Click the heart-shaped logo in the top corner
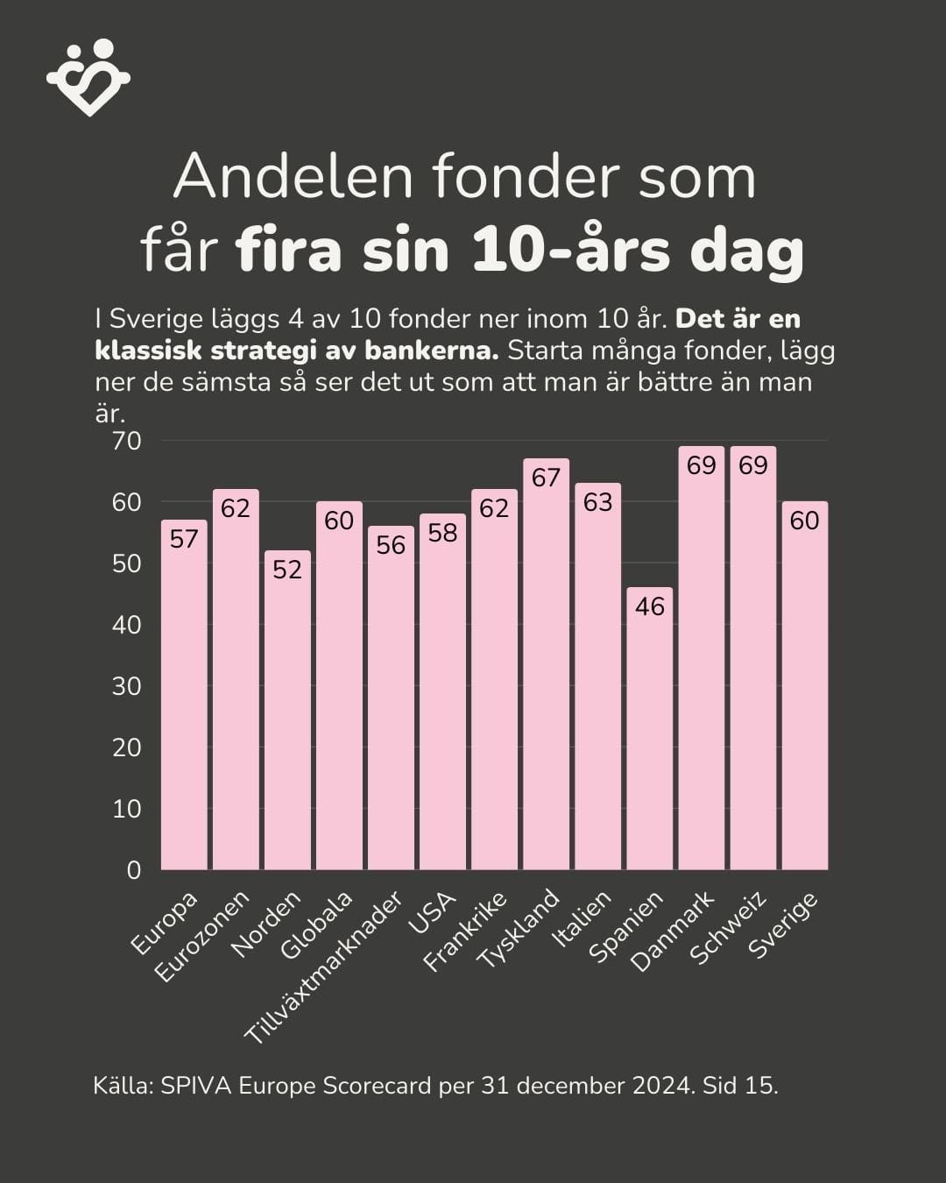coord(88,77)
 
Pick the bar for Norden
coord(287,710)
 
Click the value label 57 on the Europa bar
coord(184,539)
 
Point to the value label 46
coord(650,606)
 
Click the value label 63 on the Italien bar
coord(598,502)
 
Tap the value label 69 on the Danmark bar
coord(702,465)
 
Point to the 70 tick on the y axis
coord(127,441)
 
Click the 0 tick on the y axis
coord(134,870)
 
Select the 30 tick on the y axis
coord(127,686)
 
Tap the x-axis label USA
coord(433,915)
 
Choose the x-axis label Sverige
coord(783,924)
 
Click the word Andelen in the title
coord(293,177)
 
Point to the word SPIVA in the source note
coord(197,1086)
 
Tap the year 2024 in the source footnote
coord(661,1086)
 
